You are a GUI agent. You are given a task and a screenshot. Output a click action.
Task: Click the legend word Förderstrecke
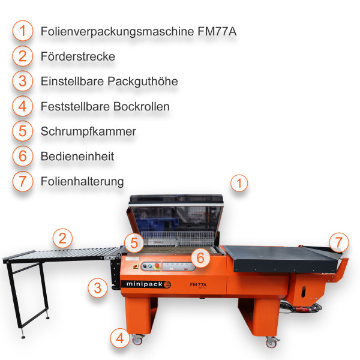click(x=77, y=56)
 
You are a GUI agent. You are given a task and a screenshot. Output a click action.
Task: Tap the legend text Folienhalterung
click(x=82, y=181)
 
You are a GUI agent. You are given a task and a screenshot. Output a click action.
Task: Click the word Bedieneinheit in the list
click(x=77, y=156)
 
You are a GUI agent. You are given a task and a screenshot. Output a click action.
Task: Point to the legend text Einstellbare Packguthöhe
click(x=109, y=81)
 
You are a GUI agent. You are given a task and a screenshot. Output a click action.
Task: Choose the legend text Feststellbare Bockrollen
click(x=105, y=106)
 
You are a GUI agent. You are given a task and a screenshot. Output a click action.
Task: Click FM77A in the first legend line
click(x=217, y=31)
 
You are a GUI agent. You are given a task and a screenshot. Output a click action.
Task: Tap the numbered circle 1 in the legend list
click(x=22, y=31)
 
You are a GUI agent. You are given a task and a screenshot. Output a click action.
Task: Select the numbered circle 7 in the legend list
click(x=22, y=181)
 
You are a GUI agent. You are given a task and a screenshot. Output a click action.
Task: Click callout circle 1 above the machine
click(x=239, y=183)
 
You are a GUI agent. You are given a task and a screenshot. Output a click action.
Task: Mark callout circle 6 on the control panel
click(x=201, y=258)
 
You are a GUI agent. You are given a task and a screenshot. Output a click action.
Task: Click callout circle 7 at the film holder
click(x=339, y=242)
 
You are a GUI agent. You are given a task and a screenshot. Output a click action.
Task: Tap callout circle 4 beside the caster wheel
click(x=120, y=338)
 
